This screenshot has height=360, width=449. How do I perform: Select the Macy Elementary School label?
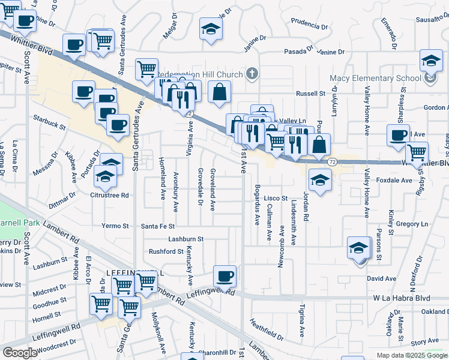click(375, 78)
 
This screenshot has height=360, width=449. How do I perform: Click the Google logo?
click(20, 353)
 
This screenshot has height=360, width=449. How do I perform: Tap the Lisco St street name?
click(277, 198)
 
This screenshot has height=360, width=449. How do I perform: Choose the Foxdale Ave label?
click(394, 180)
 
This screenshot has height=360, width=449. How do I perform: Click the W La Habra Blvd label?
click(401, 298)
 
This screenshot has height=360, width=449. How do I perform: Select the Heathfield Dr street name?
click(267, 328)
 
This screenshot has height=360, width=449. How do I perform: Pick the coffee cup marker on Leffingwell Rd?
click(225, 277)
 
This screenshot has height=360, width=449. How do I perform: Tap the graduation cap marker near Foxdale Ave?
click(320, 180)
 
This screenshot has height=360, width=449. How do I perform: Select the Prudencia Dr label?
click(310, 26)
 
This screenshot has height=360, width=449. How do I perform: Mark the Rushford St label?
click(166, 251)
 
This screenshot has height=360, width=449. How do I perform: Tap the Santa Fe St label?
click(158, 226)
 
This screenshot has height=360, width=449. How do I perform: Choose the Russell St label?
click(311, 94)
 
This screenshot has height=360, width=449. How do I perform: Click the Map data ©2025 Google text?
click(411, 355)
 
